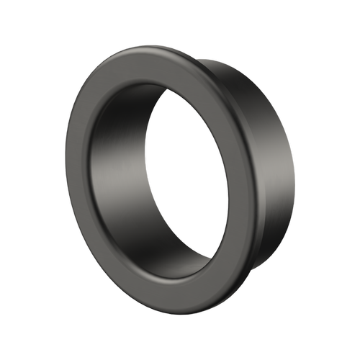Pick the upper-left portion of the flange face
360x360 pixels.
point(101,101)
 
